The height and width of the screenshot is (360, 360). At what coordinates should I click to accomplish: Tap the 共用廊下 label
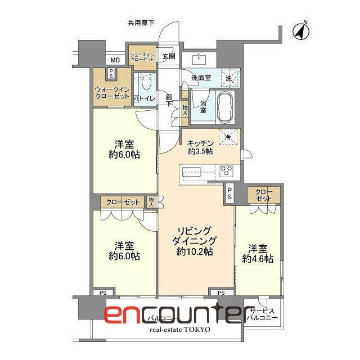point(141,23)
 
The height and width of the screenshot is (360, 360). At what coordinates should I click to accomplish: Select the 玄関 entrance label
point(169,56)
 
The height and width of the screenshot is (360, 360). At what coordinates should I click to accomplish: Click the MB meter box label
point(115,60)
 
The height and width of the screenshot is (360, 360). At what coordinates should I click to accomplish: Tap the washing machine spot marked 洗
point(228,78)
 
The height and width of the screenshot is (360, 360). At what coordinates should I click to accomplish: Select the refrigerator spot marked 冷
point(228,137)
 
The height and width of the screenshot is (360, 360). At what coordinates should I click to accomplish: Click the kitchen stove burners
point(227,170)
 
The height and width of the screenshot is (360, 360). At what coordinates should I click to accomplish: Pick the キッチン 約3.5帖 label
point(200,147)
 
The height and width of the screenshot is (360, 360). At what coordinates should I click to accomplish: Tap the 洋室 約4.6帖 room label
point(258,254)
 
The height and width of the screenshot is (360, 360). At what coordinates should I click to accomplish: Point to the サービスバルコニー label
point(263,314)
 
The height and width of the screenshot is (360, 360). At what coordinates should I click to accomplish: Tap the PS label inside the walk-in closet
point(111,73)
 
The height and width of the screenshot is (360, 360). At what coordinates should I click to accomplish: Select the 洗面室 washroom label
point(201,78)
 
